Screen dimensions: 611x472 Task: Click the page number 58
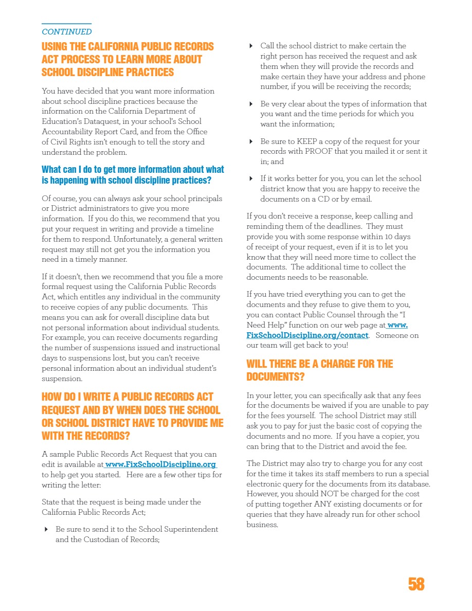click(x=416, y=584)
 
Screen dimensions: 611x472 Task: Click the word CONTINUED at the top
click(x=67, y=32)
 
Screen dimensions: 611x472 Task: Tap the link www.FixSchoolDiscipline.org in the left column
click(x=160, y=464)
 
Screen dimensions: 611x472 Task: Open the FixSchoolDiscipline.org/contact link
click(x=307, y=335)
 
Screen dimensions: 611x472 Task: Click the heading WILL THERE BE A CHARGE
click(x=319, y=364)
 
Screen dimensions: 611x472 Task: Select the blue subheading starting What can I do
click(x=133, y=175)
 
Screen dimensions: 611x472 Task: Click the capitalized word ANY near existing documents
click(x=324, y=504)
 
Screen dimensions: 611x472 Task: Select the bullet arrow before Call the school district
click(x=251, y=46)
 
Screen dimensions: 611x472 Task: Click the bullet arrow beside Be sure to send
click(x=46, y=529)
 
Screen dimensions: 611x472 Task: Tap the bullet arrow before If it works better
click(x=251, y=178)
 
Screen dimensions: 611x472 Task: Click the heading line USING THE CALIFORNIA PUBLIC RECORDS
click(x=128, y=46)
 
